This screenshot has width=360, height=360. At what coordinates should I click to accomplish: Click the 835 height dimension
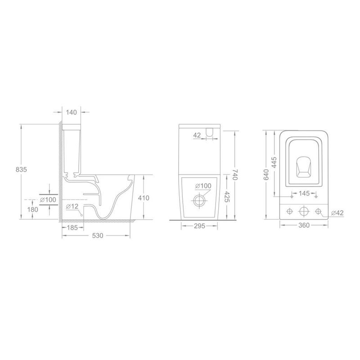(21, 170)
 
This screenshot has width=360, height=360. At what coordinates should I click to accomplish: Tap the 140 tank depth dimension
(72, 112)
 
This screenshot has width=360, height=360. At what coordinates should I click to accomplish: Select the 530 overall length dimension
(98, 235)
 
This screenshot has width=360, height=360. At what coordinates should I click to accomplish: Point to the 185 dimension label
(72, 228)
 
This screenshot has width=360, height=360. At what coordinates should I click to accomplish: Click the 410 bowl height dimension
(144, 198)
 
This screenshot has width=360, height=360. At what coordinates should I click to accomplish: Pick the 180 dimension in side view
(32, 209)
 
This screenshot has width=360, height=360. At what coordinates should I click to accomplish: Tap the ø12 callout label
(72, 207)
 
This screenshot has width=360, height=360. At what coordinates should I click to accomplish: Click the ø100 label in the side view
(48, 200)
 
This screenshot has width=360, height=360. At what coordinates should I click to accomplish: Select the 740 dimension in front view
(235, 175)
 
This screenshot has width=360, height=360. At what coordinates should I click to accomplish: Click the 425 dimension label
(227, 197)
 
